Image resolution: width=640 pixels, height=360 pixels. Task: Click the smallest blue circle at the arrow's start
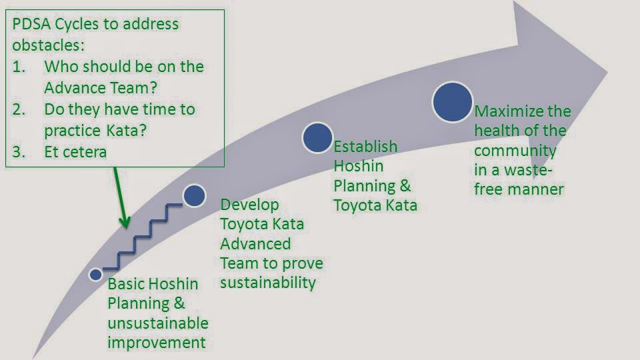[x=95, y=274]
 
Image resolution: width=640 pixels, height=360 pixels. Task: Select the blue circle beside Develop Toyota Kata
[x=193, y=195]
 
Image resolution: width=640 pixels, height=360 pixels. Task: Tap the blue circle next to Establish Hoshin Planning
[x=317, y=137]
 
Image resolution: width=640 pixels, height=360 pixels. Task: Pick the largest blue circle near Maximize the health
[x=453, y=102]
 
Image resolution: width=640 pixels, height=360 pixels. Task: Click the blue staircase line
[x=150, y=231]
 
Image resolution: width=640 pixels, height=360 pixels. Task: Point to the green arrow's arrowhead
[x=125, y=223]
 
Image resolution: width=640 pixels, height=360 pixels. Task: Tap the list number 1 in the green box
[x=19, y=67]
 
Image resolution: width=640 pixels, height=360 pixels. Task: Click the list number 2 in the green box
[x=19, y=109]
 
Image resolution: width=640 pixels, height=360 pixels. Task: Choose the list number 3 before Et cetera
[x=19, y=151]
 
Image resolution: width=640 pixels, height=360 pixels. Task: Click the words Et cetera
[x=75, y=151]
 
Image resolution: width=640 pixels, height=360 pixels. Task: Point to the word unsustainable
[x=158, y=323]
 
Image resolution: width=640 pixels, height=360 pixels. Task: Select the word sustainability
[x=268, y=282]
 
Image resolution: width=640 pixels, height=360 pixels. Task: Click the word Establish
[x=365, y=146]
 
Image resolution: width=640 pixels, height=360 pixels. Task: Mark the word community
[x=515, y=150]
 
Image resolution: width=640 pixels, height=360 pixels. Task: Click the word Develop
[x=249, y=204]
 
